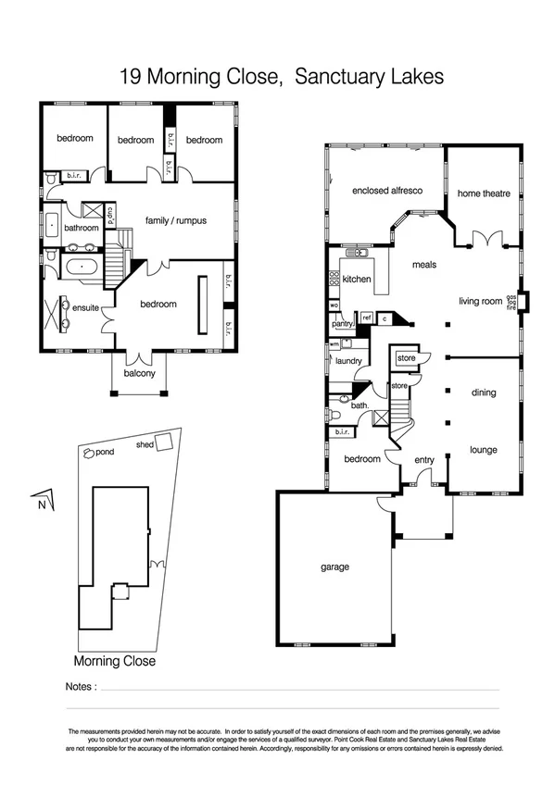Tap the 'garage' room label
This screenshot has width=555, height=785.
334,567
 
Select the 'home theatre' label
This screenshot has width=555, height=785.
482,193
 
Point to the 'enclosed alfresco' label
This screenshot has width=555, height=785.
387,191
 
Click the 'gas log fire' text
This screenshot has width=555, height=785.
511,303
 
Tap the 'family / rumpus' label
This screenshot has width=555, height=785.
175,221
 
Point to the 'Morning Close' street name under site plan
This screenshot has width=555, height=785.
115,662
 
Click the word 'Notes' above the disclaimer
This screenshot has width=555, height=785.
81,688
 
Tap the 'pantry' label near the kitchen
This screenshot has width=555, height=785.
342,324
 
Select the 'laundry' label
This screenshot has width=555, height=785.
348,361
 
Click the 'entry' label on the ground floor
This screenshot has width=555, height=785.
423,459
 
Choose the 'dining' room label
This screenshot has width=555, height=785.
483,392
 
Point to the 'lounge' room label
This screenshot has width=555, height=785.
483,450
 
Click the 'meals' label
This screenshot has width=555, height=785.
423,265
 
